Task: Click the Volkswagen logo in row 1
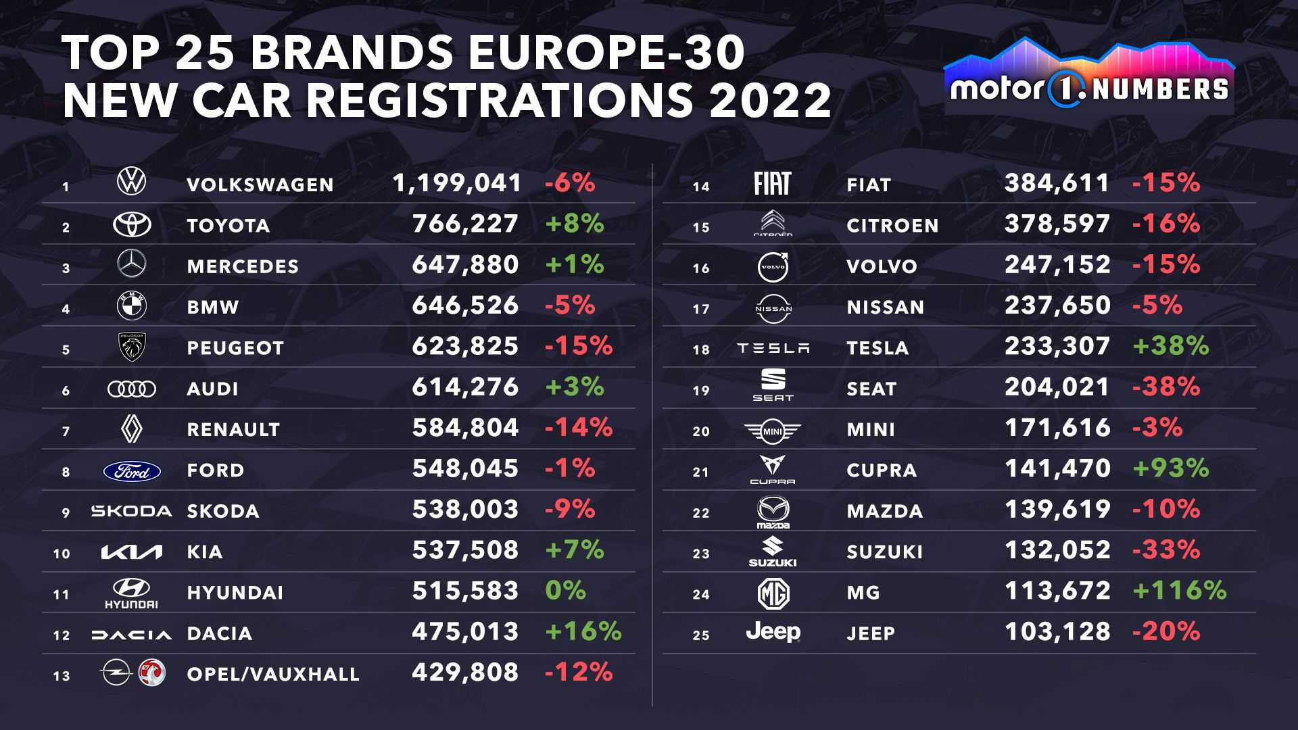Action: pos(131,182)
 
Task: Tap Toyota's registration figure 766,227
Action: pos(465,224)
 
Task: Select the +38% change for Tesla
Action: pos(1170,346)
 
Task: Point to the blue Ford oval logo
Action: pos(132,471)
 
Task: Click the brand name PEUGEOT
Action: pos(235,348)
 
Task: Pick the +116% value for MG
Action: pos(1179,591)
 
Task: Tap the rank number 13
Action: pos(62,676)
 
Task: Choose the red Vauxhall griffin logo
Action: pos(151,673)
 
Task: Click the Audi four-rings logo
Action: pos(132,389)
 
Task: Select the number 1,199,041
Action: pos(457,183)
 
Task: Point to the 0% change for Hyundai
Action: pos(565,591)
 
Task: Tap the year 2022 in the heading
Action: pos(770,100)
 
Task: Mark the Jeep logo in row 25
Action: pos(773,632)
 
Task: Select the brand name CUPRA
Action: pos(882,470)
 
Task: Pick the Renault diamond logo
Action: pos(131,429)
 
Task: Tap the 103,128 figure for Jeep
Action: pos(1057,632)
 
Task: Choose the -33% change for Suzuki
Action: pos(1165,550)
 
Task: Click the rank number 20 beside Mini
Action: pos(701,431)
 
